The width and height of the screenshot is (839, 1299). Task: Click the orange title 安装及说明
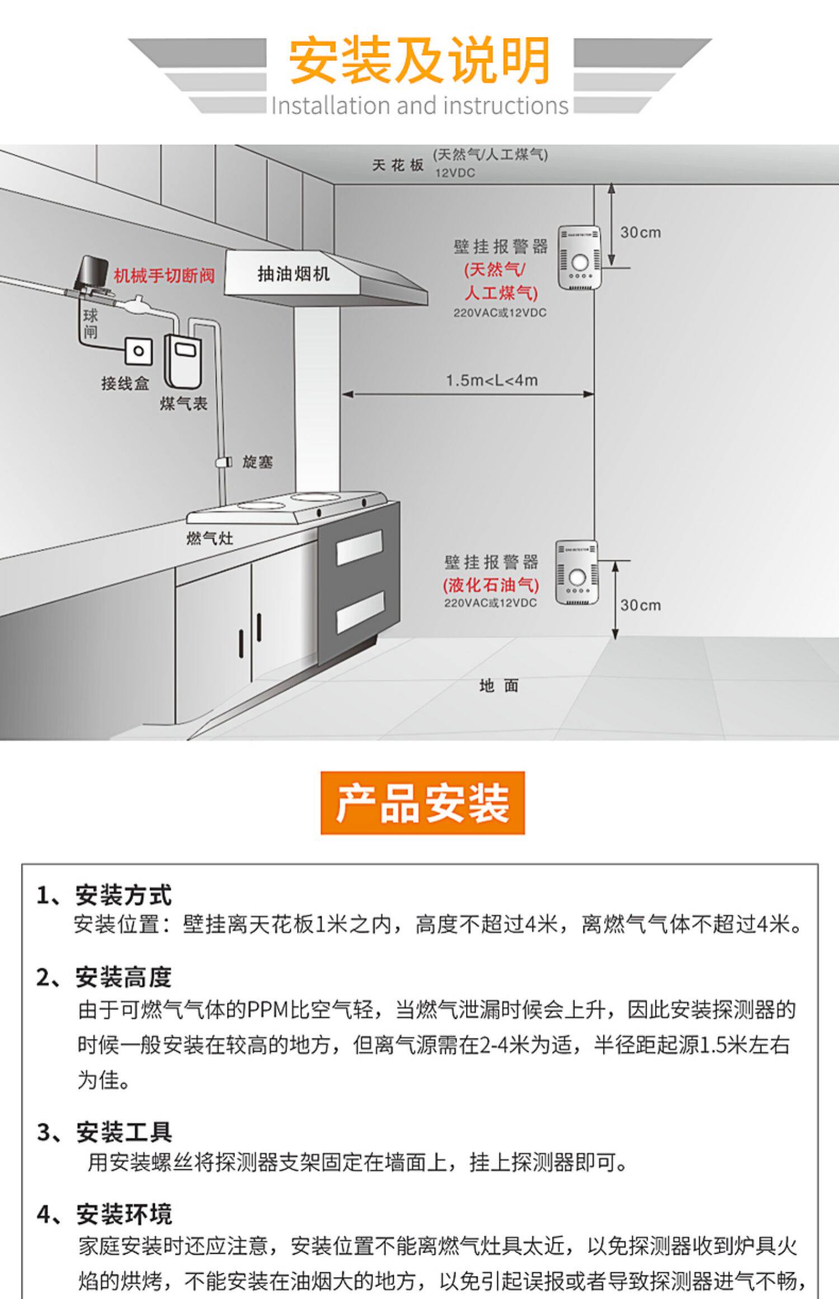(419, 60)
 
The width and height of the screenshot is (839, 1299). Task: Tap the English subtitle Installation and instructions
(419, 106)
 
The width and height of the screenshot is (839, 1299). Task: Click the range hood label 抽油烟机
(293, 274)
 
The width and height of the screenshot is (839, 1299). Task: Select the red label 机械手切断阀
(164, 275)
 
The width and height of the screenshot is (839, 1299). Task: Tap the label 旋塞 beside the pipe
(257, 462)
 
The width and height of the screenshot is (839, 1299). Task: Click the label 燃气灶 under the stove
(210, 539)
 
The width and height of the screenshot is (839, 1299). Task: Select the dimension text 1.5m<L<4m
(492, 380)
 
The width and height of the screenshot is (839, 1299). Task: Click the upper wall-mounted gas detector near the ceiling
(579, 257)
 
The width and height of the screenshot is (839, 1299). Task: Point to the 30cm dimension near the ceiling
(640, 232)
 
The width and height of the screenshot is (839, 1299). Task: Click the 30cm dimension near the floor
(640, 605)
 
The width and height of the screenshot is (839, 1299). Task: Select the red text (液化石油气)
(491, 585)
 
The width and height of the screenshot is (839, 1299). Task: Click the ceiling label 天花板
(398, 165)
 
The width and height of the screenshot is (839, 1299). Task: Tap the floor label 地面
(499, 686)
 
